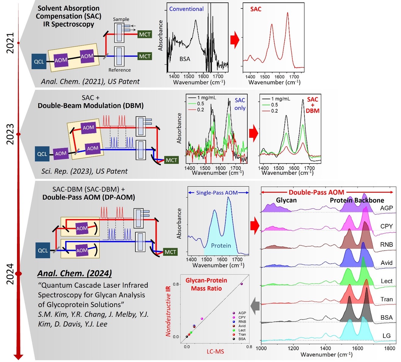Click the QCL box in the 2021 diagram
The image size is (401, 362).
(x=39, y=61)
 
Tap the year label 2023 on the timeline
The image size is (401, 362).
(x=10, y=134)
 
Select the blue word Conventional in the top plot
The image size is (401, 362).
(x=186, y=9)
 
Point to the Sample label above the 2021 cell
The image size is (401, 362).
(x=121, y=19)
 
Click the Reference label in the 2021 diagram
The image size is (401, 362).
(x=119, y=70)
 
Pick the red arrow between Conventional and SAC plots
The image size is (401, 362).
(x=235, y=40)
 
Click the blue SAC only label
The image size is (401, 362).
(x=240, y=104)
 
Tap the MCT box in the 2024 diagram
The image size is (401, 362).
(x=170, y=252)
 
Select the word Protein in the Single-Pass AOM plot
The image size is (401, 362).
(x=221, y=245)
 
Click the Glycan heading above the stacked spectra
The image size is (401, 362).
(x=286, y=200)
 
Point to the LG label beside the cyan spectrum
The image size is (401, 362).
(x=386, y=335)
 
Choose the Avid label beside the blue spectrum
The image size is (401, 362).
(x=386, y=262)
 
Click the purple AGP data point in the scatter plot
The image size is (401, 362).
(x=242, y=284)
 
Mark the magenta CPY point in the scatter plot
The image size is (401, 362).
(x=202, y=319)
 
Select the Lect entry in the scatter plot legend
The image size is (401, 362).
(x=242, y=330)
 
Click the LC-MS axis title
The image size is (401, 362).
(x=215, y=351)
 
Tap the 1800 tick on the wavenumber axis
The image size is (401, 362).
(x=389, y=348)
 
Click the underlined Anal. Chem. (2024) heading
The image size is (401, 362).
(x=74, y=273)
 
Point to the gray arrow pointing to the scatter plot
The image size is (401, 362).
(x=255, y=306)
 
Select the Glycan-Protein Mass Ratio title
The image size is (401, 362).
(x=206, y=284)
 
